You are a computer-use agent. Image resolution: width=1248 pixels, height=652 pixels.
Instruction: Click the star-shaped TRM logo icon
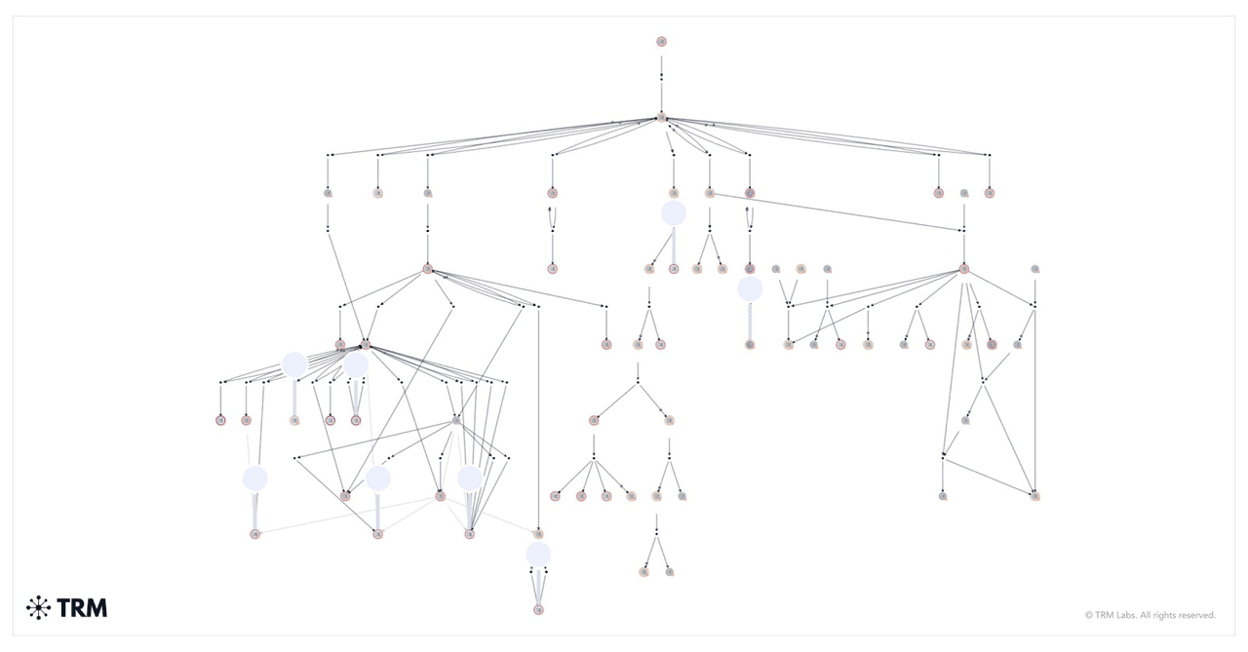coord(38,607)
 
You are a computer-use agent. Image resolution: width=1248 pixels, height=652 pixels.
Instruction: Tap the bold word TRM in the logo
coord(82,608)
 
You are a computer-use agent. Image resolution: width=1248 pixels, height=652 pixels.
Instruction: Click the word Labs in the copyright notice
coord(1126,615)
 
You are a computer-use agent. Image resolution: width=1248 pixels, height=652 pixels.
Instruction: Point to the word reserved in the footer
coord(1198,615)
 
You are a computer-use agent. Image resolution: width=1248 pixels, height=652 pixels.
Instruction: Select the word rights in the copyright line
coord(1165,615)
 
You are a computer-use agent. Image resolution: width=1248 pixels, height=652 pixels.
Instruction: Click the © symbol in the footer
coord(1089,615)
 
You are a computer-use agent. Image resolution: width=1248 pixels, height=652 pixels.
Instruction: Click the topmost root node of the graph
coord(661,41)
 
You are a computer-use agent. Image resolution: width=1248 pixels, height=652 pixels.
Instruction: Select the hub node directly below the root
coord(661,118)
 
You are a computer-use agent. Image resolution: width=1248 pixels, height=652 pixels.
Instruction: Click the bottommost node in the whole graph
coord(538,610)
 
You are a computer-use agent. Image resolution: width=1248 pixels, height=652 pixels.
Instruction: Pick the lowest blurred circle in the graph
coord(538,554)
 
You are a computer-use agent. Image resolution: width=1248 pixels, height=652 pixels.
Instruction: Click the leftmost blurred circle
coord(255,479)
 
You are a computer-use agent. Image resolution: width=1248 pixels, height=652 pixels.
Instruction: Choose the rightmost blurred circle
coord(750,288)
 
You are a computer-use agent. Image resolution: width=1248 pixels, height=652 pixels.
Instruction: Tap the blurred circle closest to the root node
coord(674,212)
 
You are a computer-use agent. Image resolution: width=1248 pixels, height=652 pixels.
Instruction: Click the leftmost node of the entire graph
coord(220,420)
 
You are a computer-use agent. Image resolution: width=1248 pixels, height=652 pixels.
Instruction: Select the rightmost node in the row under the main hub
coord(990,193)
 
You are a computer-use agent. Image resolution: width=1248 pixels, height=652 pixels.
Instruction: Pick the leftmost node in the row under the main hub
coord(328,193)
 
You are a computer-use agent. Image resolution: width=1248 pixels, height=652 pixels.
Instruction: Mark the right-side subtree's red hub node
coord(964,269)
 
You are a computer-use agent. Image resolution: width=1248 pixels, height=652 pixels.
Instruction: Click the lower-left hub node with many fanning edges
coord(366,345)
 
